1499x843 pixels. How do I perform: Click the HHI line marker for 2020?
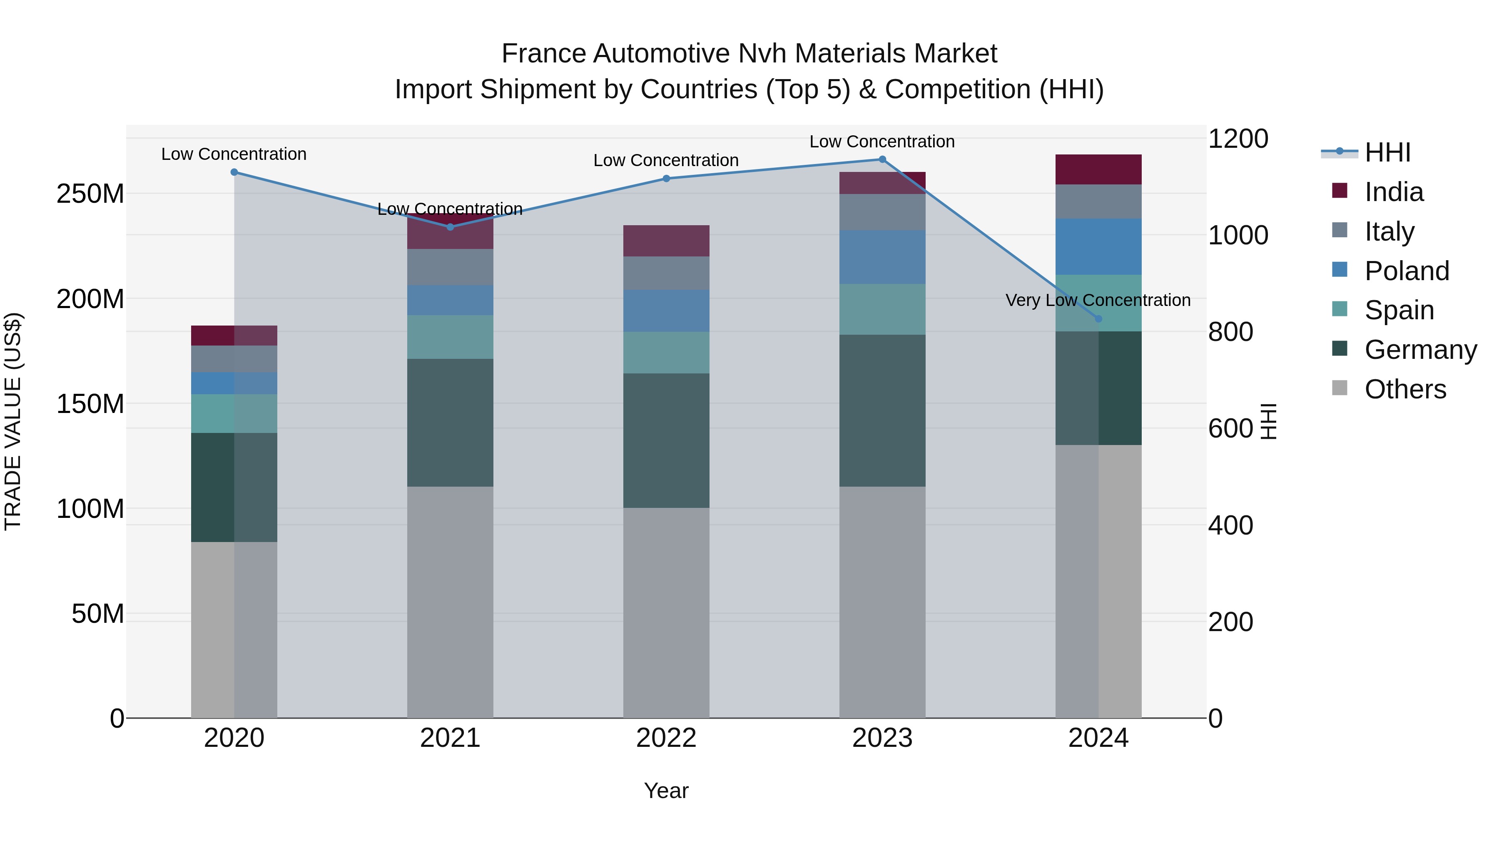[234, 172]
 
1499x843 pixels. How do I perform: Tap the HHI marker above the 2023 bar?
[882, 159]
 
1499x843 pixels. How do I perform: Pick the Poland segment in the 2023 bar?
[882, 257]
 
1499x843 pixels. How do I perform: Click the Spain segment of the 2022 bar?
[666, 353]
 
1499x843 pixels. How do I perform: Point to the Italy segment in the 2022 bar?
[666, 274]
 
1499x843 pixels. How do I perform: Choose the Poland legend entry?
[1407, 271]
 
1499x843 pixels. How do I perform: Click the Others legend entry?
[1405, 389]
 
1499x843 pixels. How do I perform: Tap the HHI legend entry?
[1387, 152]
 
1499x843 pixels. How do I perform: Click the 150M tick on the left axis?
[90, 404]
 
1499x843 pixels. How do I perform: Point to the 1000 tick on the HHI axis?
[1238, 236]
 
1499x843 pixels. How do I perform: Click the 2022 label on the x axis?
[666, 738]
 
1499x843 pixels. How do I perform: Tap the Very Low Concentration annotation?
[1098, 300]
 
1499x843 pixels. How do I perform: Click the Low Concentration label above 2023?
[882, 142]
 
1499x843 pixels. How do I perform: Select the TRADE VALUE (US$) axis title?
[13, 421]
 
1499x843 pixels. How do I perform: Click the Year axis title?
[666, 791]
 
